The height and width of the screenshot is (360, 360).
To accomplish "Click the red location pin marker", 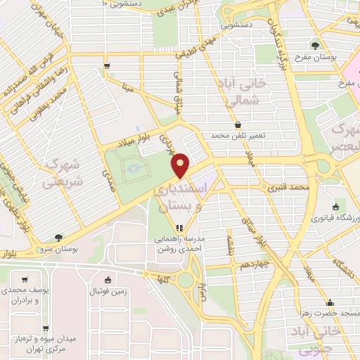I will pyautogui.click(x=181, y=165).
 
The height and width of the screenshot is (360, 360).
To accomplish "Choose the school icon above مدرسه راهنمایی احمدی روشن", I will pyautogui.click(x=180, y=228).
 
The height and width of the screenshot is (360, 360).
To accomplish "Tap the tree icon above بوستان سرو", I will pyautogui.click(x=58, y=238).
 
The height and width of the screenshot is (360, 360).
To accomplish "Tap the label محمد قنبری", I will pyautogui.click(x=288, y=188).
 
